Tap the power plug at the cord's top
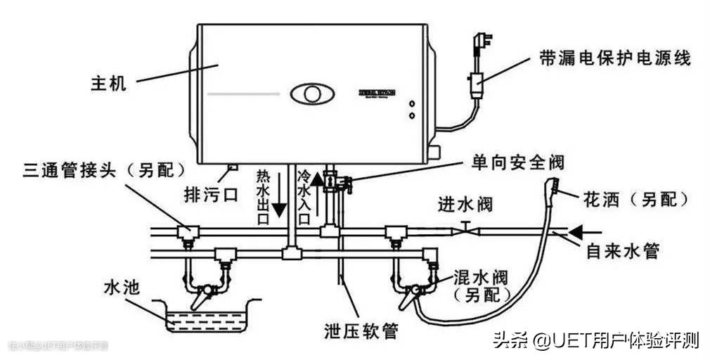[x=469, y=40]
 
